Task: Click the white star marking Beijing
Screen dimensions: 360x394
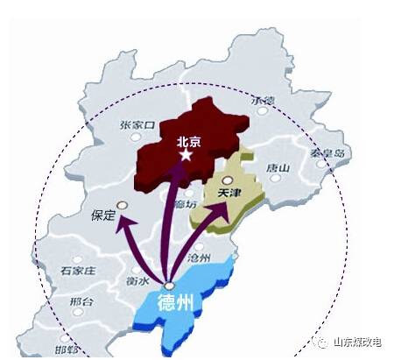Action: (186, 155)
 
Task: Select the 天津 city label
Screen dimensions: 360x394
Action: (229, 192)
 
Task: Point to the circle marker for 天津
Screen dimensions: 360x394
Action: (227, 180)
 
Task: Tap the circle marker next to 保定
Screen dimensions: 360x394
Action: (122, 206)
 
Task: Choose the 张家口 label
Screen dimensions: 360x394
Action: (137, 125)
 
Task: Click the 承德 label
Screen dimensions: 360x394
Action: (262, 101)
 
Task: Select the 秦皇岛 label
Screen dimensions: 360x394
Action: (330, 153)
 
